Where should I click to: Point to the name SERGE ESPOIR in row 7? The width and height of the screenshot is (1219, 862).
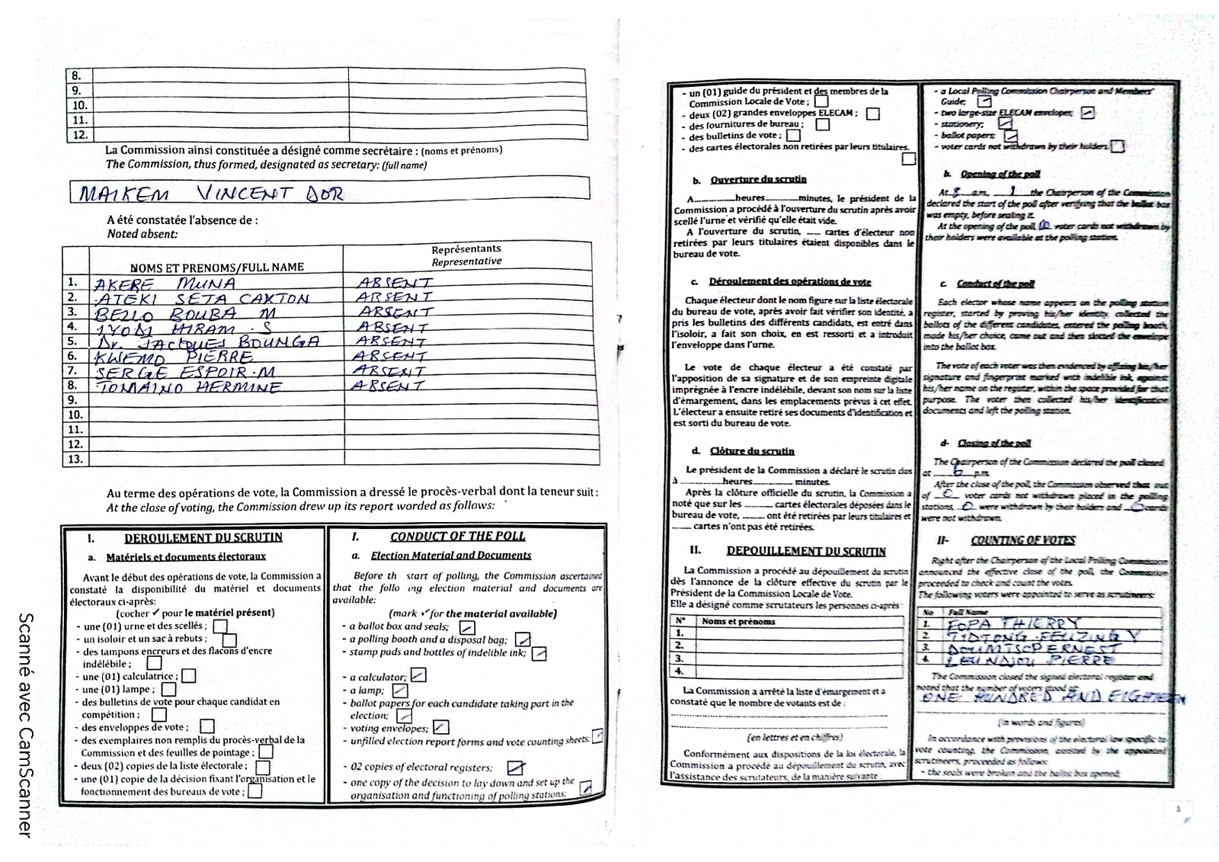[184, 372]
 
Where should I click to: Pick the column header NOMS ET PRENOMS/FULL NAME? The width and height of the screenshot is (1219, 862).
[216, 268]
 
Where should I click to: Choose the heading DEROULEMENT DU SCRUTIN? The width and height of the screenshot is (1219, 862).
[203, 537]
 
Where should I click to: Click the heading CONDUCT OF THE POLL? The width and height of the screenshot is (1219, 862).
[458, 537]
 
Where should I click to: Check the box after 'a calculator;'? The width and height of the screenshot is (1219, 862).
[418, 675]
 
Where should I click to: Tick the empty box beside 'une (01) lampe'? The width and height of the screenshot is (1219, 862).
[169, 690]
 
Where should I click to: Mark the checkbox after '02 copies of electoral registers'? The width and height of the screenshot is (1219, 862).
[516, 767]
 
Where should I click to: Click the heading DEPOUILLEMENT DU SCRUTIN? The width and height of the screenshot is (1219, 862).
[806, 551]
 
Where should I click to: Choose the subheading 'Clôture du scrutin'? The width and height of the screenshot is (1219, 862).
[751, 451]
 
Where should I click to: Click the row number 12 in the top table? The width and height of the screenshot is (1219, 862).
[80, 135]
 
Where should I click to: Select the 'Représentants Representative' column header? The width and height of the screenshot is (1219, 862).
[466, 255]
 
